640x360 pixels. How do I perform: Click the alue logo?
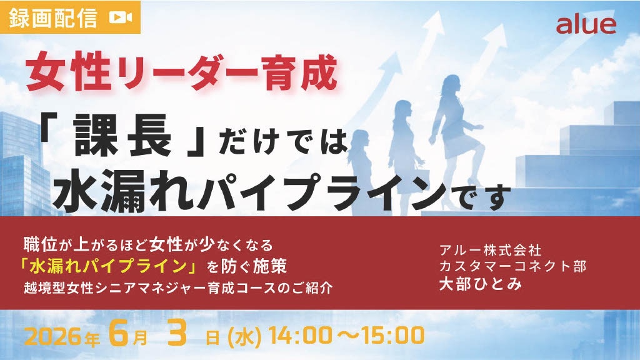click(x=586, y=25)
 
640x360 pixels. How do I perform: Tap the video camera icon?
click(x=121, y=17)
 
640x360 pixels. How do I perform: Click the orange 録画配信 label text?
click(x=54, y=17)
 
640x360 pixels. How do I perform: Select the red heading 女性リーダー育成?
click(x=182, y=74)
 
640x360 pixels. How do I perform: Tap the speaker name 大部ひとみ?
click(x=481, y=284)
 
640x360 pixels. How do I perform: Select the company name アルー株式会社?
click(x=490, y=249)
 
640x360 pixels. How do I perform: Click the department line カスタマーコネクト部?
click(x=512, y=266)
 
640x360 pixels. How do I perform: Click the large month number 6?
click(x=119, y=332)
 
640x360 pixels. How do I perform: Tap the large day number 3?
click(x=177, y=332)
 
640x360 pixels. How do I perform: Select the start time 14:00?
click(x=301, y=336)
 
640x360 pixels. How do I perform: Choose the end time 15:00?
click(x=392, y=336)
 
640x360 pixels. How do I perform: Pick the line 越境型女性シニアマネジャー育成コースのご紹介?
click(x=178, y=287)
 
